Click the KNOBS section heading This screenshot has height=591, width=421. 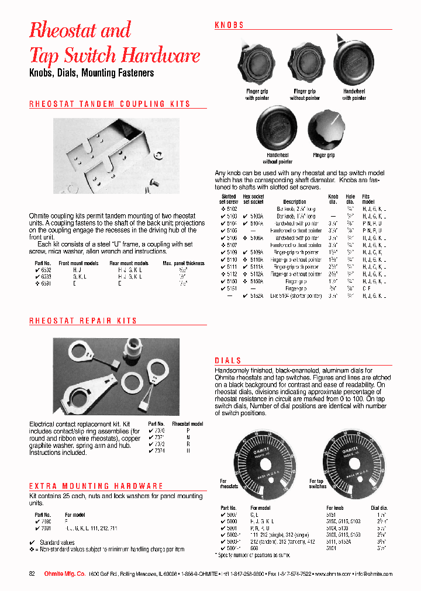point(229,25)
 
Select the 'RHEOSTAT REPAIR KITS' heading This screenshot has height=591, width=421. point(83,321)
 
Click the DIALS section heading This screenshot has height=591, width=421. point(228,361)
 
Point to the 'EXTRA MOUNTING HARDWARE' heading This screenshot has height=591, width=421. point(96,486)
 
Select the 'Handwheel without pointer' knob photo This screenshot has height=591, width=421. point(278,129)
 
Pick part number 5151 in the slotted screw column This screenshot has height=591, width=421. point(232,288)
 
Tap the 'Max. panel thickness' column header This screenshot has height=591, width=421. point(184,263)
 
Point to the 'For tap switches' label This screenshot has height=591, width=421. point(318,484)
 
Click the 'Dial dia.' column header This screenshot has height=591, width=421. point(380,508)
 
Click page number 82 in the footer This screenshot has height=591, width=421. point(33,574)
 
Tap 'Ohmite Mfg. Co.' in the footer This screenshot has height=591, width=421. point(65,574)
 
